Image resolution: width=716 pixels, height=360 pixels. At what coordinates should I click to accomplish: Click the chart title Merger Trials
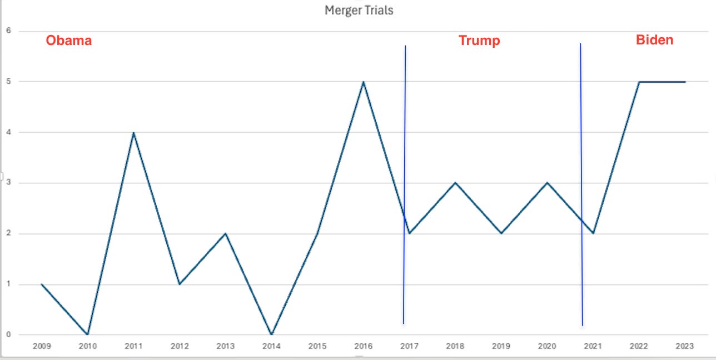click(x=359, y=10)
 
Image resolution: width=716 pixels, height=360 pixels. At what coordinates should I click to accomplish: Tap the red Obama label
click(x=69, y=41)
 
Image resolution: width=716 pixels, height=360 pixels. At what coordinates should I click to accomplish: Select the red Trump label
click(x=479, y=41)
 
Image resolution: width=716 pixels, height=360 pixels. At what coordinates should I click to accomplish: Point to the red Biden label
click(x=655, y=40)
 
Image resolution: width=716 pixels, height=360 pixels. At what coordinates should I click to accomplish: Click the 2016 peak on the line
click(x=364, y=82)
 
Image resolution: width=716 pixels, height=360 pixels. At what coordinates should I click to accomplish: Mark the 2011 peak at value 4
click(x=133, y=133)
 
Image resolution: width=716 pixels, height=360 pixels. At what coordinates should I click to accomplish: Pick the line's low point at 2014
click(x=271, y=334)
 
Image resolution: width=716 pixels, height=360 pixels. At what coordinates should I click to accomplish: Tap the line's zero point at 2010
click(x=88, y=334)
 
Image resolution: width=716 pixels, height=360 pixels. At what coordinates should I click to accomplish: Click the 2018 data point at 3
click(x=455, y=183)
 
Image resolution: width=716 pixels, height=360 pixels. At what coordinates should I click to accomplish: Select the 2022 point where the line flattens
click(x=639, y=82)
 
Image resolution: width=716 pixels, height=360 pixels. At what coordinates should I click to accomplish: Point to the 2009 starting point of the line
click(x=42, y=284)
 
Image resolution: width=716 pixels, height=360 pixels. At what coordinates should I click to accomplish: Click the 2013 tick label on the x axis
click(x=225, y=346)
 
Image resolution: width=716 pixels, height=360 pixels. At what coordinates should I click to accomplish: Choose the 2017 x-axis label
click(x=409, y=346)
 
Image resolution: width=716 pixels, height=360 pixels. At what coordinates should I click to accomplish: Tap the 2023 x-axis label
click(x=685, y=346)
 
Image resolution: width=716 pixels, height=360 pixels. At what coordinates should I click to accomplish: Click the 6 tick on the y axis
click(x=8, y=31)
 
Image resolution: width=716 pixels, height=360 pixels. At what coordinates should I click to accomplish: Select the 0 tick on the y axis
click(x=8, y=334)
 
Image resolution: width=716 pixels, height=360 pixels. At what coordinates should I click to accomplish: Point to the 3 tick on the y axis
click(x=8, y=182)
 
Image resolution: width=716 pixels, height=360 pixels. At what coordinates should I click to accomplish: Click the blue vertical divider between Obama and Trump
click(x=404, y=184)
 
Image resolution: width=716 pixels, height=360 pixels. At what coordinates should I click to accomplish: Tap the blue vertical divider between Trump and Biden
click(x=581, y=184)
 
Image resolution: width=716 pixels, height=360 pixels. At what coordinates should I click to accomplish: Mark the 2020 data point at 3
click(x=547, y=183)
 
